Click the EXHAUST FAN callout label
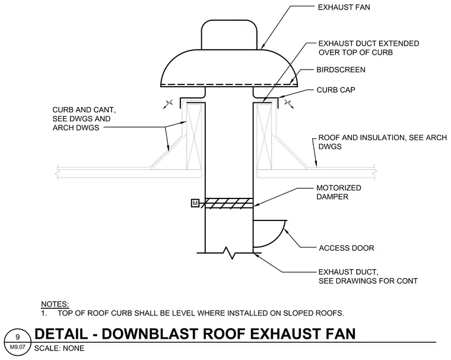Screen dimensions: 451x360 click(344, 7)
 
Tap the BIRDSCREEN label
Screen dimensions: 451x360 click(341, 70)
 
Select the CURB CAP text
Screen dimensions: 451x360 click(336, 90)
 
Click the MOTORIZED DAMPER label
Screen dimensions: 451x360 click(338, 192)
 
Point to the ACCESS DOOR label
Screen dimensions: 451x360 click(347, 248)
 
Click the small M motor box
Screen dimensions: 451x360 click(195, 203)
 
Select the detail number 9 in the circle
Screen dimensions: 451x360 click(18, 337)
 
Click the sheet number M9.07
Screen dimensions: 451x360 click(18, 347)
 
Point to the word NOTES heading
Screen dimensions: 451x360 click(55, 304)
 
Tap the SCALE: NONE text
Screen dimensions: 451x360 click(59, 348)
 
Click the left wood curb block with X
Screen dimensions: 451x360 click(194, 137)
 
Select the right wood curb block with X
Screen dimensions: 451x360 click(264, 137)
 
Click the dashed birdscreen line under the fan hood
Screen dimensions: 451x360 click(229, 85)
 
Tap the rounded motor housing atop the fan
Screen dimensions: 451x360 click(229, 34)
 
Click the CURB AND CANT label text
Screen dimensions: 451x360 click(84, 119)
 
